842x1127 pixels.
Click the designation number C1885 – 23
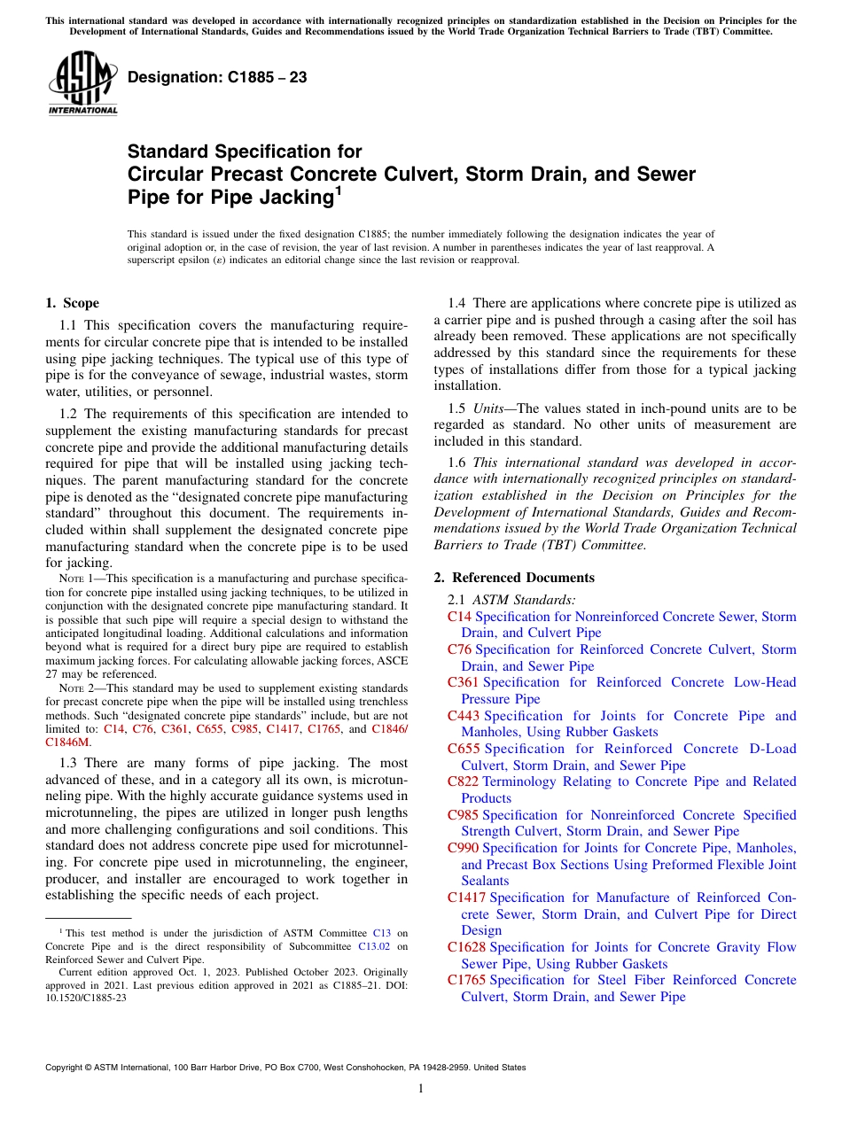pos(217,77)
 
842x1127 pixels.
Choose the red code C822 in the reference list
pos(463,781)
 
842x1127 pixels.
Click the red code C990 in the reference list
pos(463,848)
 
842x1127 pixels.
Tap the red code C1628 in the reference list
pos(466,947)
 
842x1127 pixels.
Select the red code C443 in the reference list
pos(463,716)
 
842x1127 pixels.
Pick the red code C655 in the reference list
pos(463,749)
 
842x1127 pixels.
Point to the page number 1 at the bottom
pos(421,1089)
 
